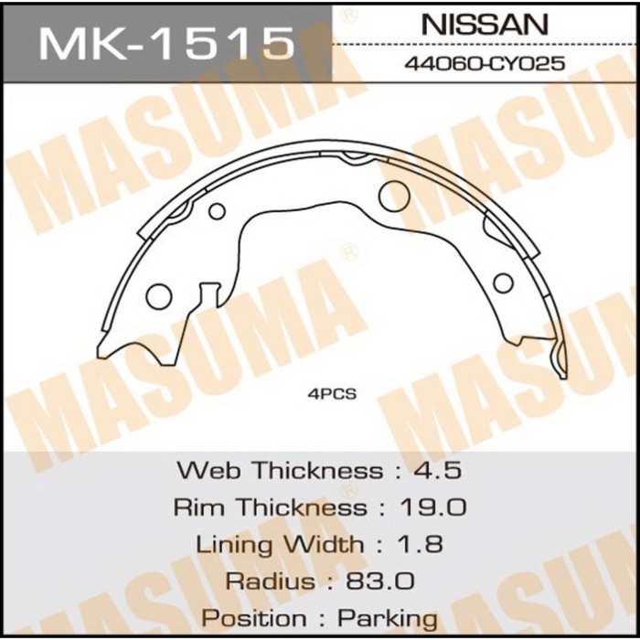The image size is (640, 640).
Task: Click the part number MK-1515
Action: pos(165,41)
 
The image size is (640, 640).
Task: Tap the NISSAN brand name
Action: pos(484,25)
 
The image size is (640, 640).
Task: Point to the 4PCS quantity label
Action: pos(332,395)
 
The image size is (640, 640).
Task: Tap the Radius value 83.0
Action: pos(382,581)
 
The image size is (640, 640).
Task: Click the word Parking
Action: pos(388,618)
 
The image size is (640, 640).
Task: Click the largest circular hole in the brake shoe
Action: pos(393,194)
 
